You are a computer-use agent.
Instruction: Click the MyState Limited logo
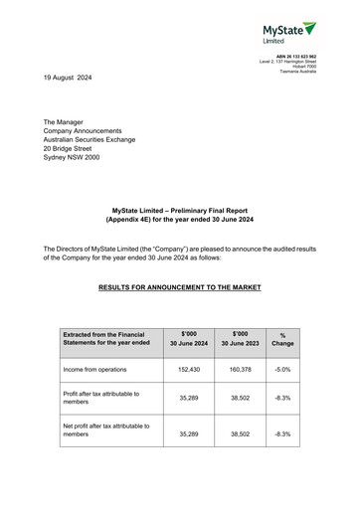(x=288, y=32)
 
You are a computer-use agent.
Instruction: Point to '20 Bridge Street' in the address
(x=68, y=148)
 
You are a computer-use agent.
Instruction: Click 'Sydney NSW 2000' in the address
(x=72, y=157)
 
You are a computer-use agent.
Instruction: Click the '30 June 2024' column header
(x=189, y=342)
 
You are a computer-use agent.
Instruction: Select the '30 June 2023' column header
(x=240, y=342)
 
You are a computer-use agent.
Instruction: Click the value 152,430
(x=189, y=369)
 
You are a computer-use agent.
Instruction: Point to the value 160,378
(x=240, y=369)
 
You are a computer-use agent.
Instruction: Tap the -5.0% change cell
(x=282, y=369)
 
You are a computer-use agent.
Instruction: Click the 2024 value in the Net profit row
(x=189, y=434)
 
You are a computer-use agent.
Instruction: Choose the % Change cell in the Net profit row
(x=282, y=434)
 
